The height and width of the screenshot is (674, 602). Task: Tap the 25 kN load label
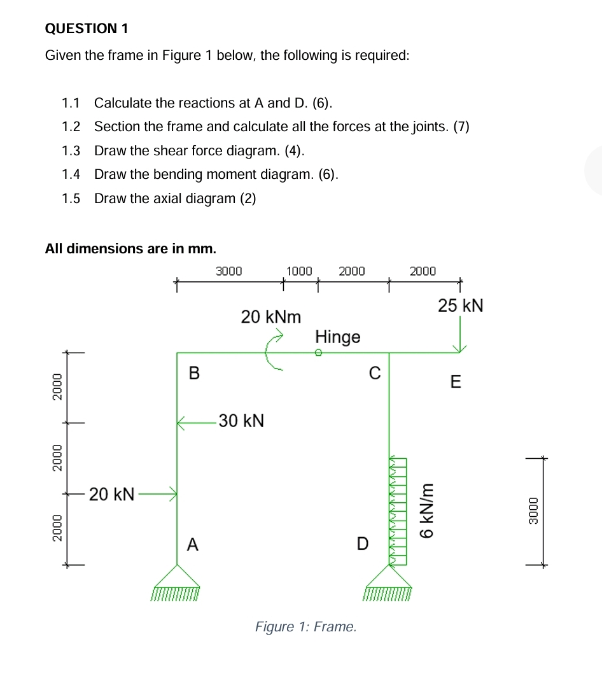coord(461,305)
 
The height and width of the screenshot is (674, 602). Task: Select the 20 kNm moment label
coord(270,316)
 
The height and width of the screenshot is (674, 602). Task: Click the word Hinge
coord(338,337)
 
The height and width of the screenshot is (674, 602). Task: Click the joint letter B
coord(195,374)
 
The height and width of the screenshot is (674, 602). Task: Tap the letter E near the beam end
coord(455,383)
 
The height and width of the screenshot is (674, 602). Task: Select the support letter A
coord(193,544)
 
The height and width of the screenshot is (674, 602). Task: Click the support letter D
coord(362,544)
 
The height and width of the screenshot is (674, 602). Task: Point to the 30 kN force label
coord(241,421)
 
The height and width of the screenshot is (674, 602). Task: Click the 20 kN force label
coord(111,493)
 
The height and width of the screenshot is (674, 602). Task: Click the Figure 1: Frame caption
coord(306,627)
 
